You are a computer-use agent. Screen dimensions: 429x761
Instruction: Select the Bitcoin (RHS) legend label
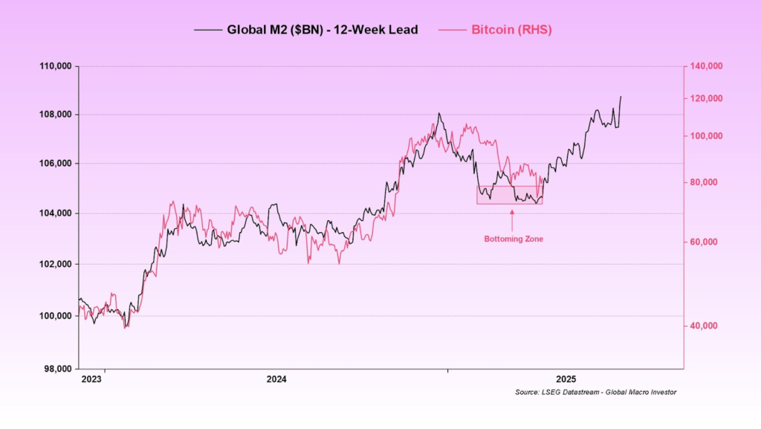tap(511, 30)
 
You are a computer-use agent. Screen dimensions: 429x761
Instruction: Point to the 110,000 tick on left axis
tap(55, 66)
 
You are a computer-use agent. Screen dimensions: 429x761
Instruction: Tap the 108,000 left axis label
tap(55, 114)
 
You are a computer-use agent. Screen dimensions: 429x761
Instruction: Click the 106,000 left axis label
tap(55, 164)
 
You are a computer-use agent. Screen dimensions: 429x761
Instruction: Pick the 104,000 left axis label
tap(55, 213)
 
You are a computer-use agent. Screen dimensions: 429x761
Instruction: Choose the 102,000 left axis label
tap(55, 264)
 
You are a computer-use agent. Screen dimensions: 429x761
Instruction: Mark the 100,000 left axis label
tap(55, 316)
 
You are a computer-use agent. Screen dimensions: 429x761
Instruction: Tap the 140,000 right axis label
tap(706, 66)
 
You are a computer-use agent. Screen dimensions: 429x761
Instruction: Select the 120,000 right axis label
tap(706, 99)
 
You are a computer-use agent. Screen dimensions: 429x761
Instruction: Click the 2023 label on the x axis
tap(91, 379)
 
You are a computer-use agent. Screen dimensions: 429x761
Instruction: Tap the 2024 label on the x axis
tap(276, 379)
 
